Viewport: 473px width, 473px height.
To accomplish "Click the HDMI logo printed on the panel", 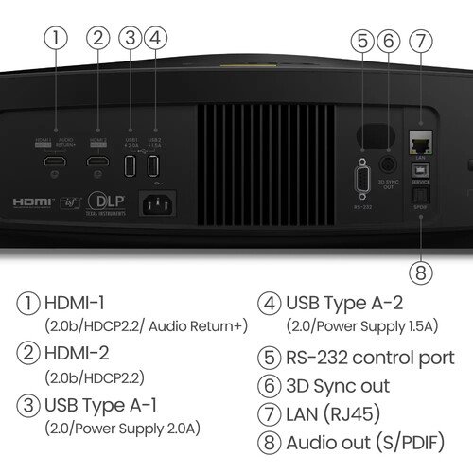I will [31, 201].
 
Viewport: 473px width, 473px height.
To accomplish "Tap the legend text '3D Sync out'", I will [337, 386].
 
